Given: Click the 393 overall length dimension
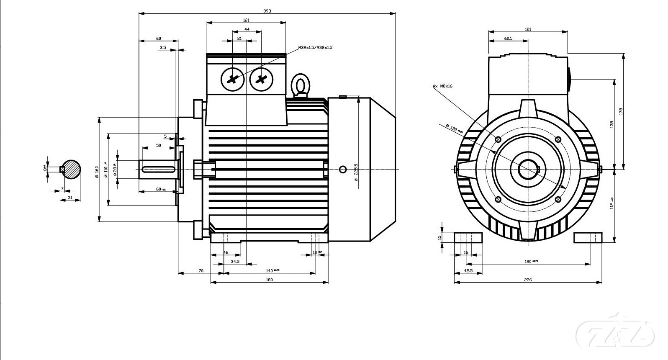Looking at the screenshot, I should point(267,11).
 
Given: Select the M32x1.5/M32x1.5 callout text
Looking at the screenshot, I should point(315,48).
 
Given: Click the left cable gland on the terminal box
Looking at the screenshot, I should point(232,79).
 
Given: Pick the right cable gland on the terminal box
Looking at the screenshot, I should point(261,79).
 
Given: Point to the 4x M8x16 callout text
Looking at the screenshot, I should point(442,86).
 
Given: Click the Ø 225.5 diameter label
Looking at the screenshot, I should point(356,172).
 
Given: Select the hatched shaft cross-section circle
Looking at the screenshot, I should point(72,169).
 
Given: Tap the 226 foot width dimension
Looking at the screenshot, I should point(528,280).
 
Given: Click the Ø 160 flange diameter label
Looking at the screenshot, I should point(97,172).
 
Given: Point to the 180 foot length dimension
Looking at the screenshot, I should point(269,280).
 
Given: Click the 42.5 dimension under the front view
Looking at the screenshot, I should point(468,271).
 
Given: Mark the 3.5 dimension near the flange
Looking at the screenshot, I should point(163,48).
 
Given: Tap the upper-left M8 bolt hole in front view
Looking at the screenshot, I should point(498,139).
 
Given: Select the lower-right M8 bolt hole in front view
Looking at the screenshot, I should point(558,199).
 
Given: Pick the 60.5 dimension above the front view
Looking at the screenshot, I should point(508,39).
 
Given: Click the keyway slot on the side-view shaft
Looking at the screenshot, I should point(159,169).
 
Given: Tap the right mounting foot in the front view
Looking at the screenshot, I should point(588,238).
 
